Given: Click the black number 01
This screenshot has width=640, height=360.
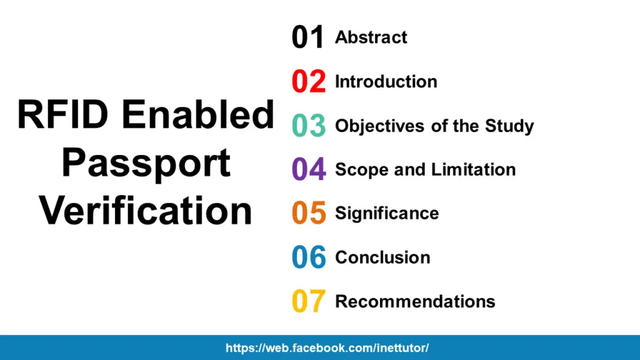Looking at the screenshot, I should point(308,37).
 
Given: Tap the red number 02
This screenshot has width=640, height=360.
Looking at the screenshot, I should point(309,82).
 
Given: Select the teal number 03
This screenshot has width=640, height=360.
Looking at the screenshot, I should point(309,126).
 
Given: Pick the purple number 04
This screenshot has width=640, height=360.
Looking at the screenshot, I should point(309,169).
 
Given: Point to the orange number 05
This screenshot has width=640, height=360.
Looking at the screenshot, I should point(309,213).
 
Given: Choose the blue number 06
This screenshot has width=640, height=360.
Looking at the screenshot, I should point(309,257).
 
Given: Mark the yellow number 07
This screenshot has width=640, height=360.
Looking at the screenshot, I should point(309,301).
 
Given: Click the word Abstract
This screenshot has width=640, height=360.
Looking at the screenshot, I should point(371,37).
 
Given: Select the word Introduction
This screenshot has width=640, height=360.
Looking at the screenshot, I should point(386,82).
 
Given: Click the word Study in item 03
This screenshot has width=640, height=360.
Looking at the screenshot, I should point(509,126).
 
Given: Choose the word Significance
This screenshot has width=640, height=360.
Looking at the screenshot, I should point(387,214).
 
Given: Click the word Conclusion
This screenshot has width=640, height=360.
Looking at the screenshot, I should point(382,257).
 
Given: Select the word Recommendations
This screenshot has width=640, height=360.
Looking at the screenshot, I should point(415,301).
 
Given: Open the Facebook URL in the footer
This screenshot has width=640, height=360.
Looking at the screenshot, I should point(327,348).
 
